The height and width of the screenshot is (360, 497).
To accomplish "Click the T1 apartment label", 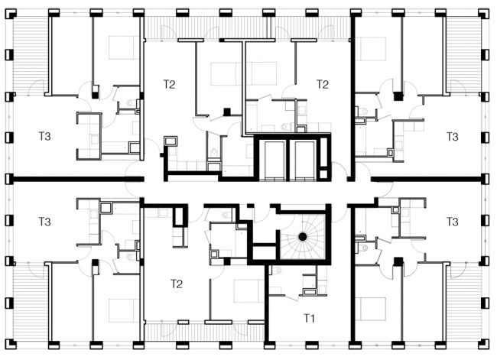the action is (x=309, y=318).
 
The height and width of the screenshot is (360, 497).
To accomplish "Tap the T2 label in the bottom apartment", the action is (x=177, y=284).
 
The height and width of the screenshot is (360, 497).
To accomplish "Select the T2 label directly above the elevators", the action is (x=323, y=84).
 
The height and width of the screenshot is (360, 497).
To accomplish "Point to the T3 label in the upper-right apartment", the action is (x=453, y=137).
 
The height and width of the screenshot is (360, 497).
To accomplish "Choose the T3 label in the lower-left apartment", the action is (x=44, y=222).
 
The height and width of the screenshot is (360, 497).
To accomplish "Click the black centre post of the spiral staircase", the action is (x=302, y=236).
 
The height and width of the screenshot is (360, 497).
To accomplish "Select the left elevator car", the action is (x=274, y=159).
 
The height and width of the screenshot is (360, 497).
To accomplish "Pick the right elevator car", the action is (x=304, y=159).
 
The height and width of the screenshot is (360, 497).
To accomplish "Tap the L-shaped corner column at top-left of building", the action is (x=11, y=13).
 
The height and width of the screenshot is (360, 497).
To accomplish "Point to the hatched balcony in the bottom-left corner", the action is (x=30, y=303).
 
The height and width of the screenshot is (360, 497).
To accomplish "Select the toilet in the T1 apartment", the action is (x=276, y=271).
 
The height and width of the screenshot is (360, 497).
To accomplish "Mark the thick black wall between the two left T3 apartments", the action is (x=77, y=179).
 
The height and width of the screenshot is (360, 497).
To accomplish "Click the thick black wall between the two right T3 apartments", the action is (x=427, y=180).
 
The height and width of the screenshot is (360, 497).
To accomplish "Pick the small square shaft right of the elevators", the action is (x=323, y=174).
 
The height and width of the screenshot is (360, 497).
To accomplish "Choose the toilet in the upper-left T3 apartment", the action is (x=130, y=103).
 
